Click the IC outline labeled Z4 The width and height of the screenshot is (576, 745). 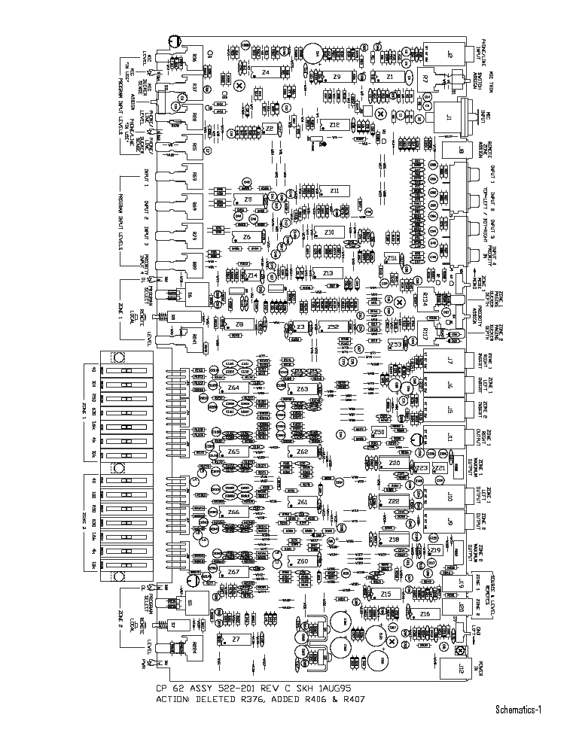(266, 72)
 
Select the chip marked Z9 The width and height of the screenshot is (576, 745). (337, 78)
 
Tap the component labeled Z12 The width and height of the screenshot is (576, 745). (334, 125)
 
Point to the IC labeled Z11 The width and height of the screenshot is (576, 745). (334, 191)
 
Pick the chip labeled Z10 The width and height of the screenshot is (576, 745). (329, 232)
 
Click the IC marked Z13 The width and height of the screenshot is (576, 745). (327, 272)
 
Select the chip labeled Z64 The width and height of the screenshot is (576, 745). (233, 388)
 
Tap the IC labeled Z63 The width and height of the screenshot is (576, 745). (302, 389)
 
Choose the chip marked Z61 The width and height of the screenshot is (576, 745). (302, 501)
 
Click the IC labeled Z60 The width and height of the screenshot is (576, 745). (302, 561)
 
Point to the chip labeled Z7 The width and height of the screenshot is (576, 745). (236, 640)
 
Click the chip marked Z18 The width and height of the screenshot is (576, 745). (393, 540)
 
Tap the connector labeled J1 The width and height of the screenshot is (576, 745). (449, 118)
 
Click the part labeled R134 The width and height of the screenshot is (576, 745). (426, 296)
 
